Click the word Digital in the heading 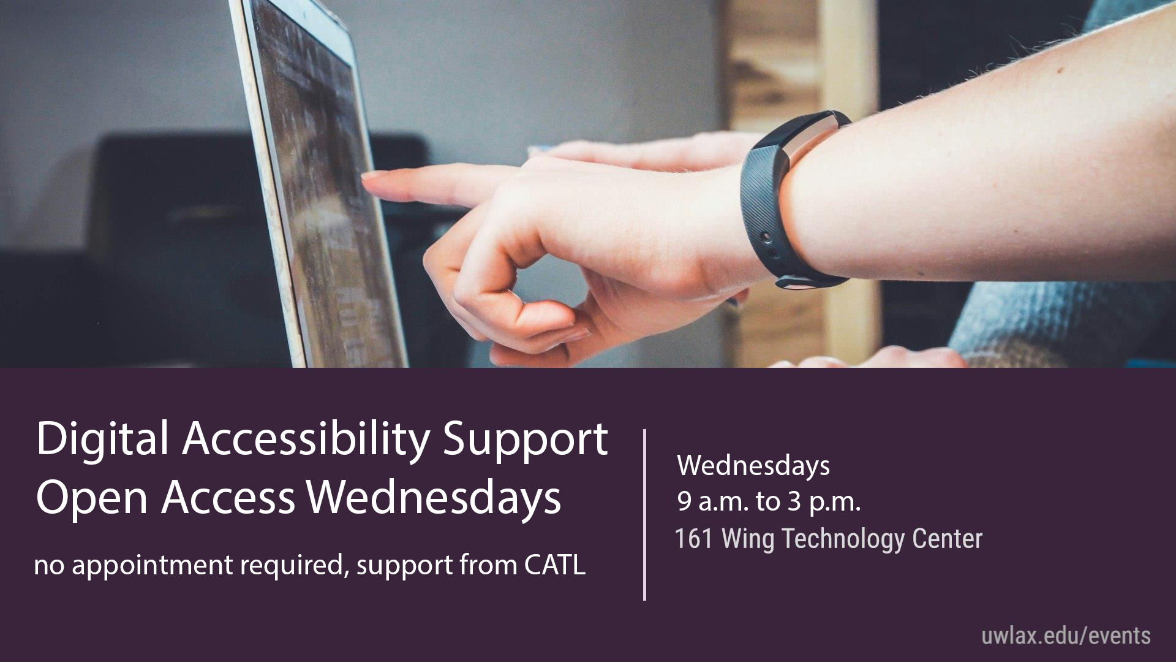coord(102,440)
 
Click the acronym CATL coord(555,565)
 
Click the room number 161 coord(694,539)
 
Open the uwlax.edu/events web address coord(1066,636)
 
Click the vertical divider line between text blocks coord(644,515)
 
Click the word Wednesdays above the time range coord(753,466)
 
